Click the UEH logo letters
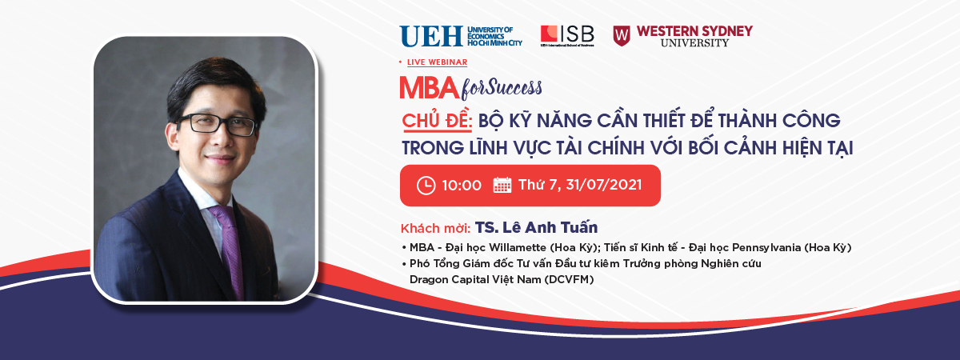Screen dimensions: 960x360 click(x=431, y=37)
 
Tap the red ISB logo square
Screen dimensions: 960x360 click(x=549, y=34)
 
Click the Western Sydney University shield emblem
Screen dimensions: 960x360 click(x=622, y=35)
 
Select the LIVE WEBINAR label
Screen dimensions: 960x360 click(x=437, y=62)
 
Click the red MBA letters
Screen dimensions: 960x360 click(x=430, y=88)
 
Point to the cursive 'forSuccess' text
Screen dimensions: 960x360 click(x=502, y=89)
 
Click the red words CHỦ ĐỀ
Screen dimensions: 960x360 click(x=437, y=121)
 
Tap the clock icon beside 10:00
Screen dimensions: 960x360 click(x=426, y=186)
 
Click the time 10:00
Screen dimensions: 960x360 click(x=462, y=186)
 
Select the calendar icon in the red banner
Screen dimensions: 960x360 click(x=502, y=185)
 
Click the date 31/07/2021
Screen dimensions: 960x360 click(x=603, y=185)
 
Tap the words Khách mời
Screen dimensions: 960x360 click(x=435, y=229)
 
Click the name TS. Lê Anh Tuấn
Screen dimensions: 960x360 click(x=536, y=227)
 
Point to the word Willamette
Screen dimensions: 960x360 click(x=518, y=248)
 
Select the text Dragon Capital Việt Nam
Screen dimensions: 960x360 click(x=475, y=279)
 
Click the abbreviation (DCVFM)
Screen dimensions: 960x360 click(x=569, y=280)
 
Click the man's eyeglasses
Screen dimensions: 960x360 click(x=217, y=125)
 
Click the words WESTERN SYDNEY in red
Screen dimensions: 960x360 click(x=694, y=31)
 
